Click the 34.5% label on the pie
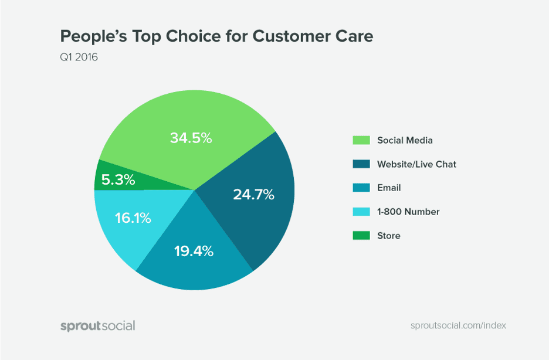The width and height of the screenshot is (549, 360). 191,138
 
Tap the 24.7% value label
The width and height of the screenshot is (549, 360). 253,195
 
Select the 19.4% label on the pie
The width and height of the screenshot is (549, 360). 194,252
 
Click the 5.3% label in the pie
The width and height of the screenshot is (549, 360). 118,179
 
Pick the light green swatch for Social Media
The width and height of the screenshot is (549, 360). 361,140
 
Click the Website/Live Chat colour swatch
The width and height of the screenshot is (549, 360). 361,164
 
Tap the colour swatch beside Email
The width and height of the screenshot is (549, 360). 361,188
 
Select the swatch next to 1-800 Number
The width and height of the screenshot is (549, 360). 361,212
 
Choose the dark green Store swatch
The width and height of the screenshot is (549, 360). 361,236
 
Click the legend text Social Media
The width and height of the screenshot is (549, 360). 405,140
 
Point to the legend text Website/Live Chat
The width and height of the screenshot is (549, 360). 416,164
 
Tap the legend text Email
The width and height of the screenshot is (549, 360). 389,188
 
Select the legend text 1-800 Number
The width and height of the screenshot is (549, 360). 408,212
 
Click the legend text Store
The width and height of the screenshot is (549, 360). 389,236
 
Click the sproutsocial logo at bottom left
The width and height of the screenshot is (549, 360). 97,325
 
